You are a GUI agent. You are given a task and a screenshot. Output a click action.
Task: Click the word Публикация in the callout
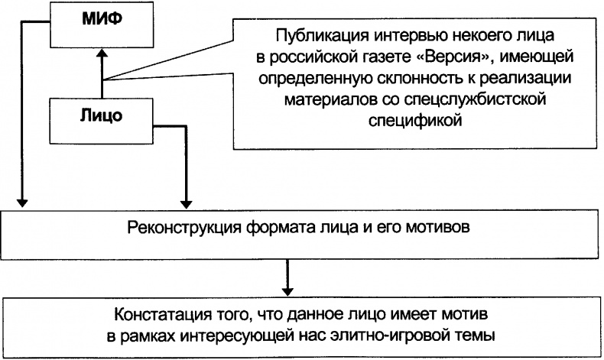pyautogui.click(x=309, y=35)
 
